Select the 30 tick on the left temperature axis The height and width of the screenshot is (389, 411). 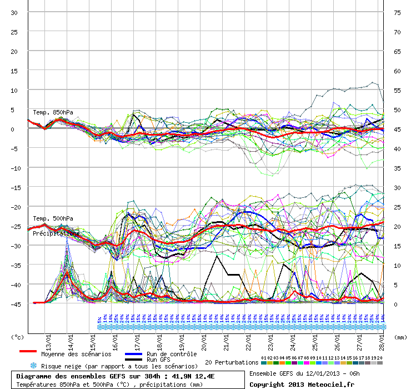[x=14, y=13]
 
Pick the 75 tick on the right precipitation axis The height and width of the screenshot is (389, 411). [x=397, y=13]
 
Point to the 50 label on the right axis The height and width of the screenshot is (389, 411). [x=397, y=110]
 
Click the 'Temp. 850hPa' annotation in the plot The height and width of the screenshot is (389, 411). [x=53, y=113]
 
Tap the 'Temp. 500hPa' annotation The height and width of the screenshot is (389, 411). [x=53, y=218]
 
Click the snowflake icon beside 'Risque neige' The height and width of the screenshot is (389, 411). [x=34, y=366]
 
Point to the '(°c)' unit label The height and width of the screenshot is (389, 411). [x=18, y=337]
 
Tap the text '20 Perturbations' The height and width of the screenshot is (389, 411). [x=232, y=362]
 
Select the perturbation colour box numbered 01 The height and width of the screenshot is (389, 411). [x=264, y=363]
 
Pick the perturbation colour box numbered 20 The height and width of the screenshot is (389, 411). [x=380, y=363]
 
